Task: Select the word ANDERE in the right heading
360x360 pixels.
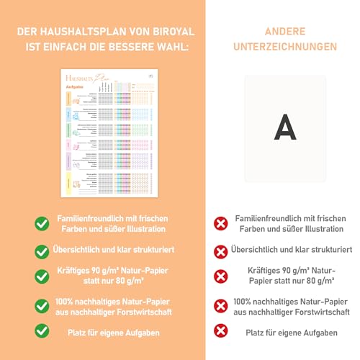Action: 286,30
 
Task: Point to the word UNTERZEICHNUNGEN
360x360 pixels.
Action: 286,46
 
